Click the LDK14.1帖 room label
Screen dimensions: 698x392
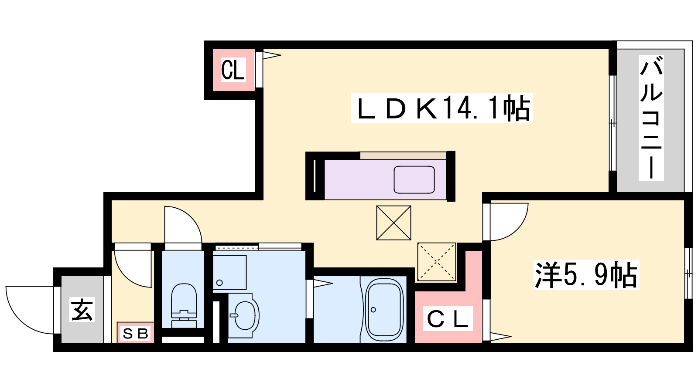(x=441, y=108)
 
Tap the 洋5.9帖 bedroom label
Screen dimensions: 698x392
(x=586, y=275)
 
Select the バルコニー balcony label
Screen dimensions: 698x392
(x=651, y=118)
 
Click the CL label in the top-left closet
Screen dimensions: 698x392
(x=233, y=70)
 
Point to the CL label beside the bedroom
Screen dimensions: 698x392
(x=448, y=318)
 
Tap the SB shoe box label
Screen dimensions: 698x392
(x=135, y=334)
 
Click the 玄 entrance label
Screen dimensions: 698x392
(x=82, y=310)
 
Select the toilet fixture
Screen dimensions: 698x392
(x=184, y=305)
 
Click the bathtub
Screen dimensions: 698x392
(x=384, y=310)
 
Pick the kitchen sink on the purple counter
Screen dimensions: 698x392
(x=414, y=179)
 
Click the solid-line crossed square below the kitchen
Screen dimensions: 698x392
(x=393, y=223)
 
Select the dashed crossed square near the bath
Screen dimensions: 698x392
(x=437, y=262)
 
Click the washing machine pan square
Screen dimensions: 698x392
(x=229, y=273)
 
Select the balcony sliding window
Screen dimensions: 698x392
(x=612, y=123)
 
